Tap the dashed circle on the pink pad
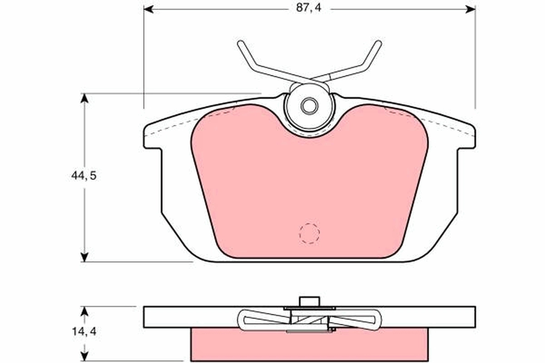pos(309,234)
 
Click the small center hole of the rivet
pos(310,106)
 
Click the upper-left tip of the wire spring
pos(240,43)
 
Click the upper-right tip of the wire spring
pos(379,43)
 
